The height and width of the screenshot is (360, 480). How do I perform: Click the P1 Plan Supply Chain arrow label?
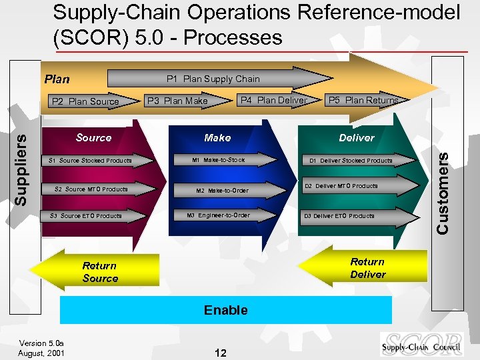[213, 79]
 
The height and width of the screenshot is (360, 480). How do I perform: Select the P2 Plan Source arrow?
[85, 101]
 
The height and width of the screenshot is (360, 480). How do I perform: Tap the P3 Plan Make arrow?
[177, 101]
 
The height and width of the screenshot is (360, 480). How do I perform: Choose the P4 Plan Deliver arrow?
[273, 100]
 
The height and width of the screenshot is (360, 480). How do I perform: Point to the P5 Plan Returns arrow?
[363, 100]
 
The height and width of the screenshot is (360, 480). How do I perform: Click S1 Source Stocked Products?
[90, 161]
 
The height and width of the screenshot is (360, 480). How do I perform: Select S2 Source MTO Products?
[91, 189]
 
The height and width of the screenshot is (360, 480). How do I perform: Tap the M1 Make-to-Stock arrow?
[219, 160]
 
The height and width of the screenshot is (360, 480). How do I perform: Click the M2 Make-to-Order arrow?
[223, 191]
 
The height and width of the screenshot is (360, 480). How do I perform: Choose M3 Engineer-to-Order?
[219, 215]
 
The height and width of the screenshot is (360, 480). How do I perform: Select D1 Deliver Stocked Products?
[351, 161]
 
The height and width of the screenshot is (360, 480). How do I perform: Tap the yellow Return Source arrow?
[100, 271]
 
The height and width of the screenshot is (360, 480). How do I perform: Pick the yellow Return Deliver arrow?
[367, 268]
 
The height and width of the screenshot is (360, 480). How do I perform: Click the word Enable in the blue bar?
[226, 310]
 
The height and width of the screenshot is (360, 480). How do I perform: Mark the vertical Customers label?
[442, 192]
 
